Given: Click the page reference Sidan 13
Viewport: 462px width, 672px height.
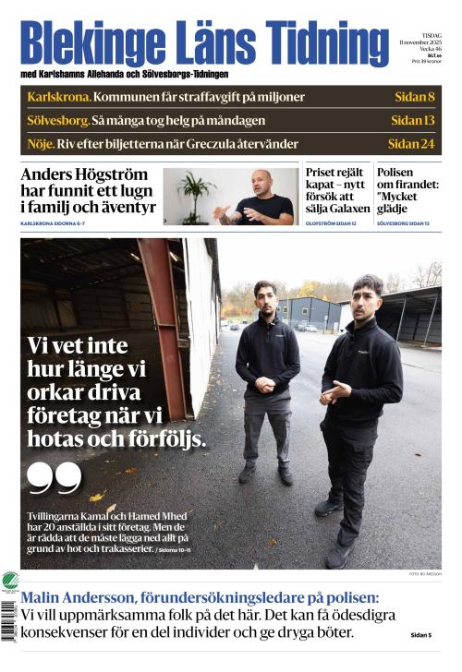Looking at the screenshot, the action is [x=412, y=120].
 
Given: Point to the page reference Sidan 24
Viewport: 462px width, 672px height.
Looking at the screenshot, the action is [x=411, y=144].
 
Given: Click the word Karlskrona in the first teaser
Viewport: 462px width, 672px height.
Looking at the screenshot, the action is [x=58, y=97].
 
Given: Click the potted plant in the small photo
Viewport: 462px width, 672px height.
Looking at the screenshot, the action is [x=193, y=193].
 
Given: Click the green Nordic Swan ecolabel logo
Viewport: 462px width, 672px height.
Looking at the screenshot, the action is [x=10, y=582].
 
